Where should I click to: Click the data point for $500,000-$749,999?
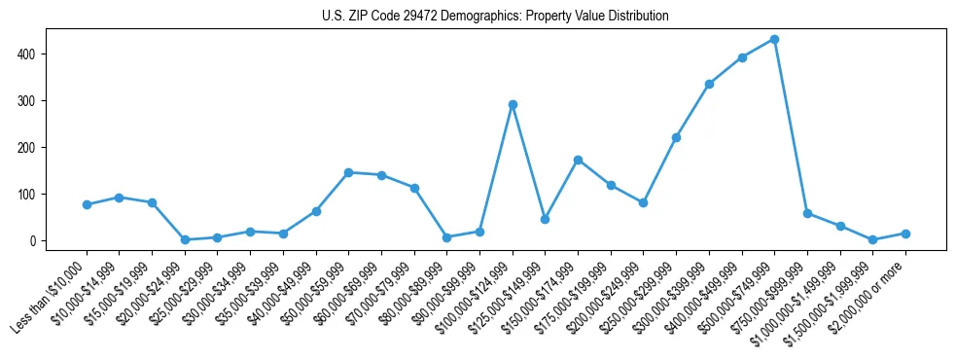point(774,39)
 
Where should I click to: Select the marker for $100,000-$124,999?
point(513,104)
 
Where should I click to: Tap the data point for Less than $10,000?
point(87,204)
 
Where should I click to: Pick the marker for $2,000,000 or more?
point(905,234)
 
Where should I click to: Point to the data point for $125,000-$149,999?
point(545,219)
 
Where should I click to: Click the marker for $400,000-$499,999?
point(742,57)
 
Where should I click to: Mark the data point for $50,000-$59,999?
point(348,172)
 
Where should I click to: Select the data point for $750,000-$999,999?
point(807,213)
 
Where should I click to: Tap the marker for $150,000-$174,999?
point(578,160)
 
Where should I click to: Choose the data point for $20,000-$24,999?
point(185,239)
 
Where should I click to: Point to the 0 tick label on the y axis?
point(35,240)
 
